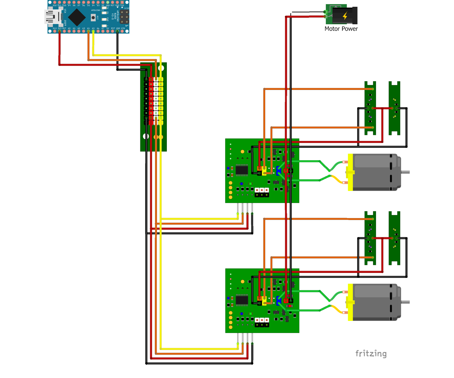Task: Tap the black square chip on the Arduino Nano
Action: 76,17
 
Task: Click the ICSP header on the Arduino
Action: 124,16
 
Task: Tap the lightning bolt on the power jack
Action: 345,16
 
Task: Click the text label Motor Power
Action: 341,29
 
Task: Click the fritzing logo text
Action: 371,354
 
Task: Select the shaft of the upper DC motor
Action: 405,172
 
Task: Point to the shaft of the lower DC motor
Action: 405,302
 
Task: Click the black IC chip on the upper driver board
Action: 242,170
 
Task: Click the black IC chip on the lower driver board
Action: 242,300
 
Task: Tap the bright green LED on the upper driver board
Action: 250,183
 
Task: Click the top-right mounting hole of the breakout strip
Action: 161,68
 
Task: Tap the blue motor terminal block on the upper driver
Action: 279,171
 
